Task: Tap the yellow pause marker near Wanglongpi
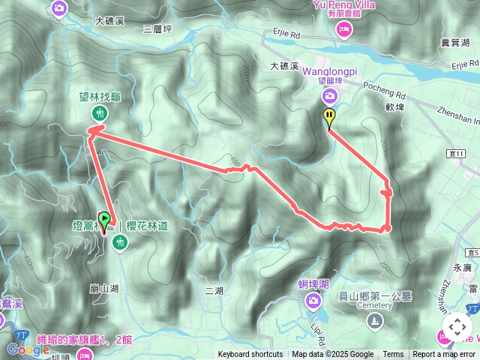tap(329, 117)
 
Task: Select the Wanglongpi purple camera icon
tap(329, 95)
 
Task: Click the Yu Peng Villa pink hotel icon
tap(344, 28)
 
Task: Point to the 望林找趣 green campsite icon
tap(99, 113)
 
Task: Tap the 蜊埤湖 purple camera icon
tap(313, 301)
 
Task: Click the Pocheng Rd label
tap(389, 95)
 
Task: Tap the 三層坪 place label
tap(157, 29)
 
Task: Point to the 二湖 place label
tap(214, 290)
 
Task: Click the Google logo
tap(28, 349)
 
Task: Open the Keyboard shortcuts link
tap(250, 355)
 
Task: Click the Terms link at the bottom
tap(393, 355)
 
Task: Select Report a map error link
tap(444, 355)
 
